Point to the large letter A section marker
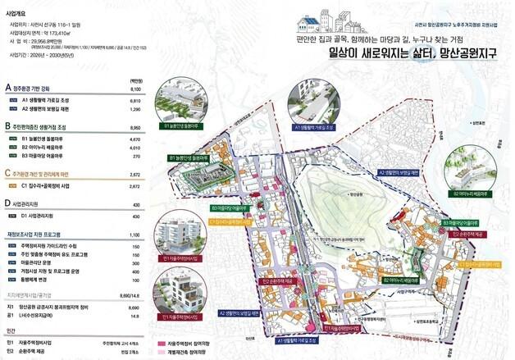pos(7,87)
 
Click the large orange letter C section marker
pos(7,174)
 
